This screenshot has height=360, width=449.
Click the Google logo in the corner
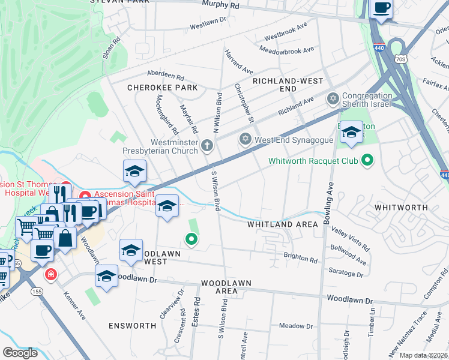pos(20,353)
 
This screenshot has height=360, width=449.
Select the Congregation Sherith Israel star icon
pos(332,98)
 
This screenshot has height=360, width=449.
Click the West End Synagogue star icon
pos(244,140)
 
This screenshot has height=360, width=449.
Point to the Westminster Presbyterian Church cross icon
pos(206,145)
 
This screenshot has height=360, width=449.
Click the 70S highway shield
pos(400,58)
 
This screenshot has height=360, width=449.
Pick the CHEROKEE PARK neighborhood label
pos(162,88)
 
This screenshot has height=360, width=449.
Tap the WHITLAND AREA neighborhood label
pos(283,224)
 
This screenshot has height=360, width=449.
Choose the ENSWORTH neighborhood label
pos(132,325)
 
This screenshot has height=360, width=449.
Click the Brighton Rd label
pos(301,259)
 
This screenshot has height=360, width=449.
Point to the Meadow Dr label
pos(293,326)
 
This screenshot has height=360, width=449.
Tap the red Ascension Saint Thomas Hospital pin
pos(85,195)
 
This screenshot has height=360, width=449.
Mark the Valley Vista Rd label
pos(351,238)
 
